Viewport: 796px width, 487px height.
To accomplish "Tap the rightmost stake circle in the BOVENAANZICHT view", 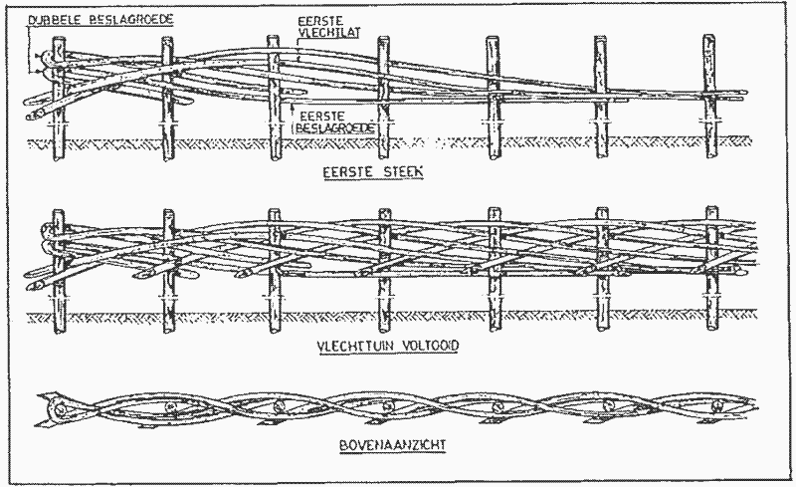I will click(x=714, y=407).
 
